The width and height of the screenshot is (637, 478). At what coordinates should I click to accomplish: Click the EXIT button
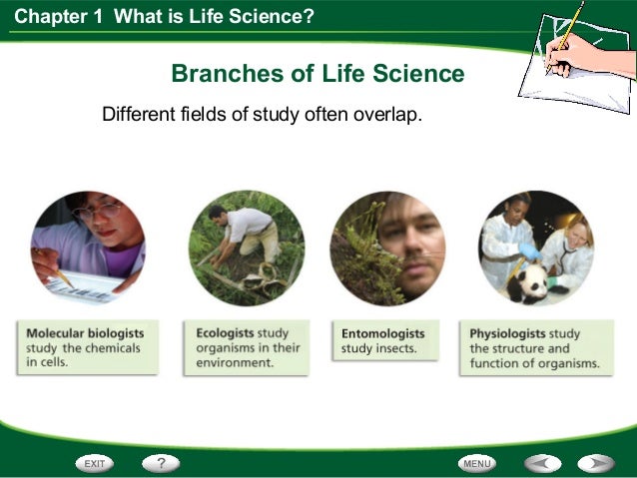(x=94, y=463)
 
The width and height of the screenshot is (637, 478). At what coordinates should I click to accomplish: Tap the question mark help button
(x=160, y=463)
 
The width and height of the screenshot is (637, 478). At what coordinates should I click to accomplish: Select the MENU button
(x=478, y=463)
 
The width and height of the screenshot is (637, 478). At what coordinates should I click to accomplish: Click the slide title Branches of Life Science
(x=318, y=74)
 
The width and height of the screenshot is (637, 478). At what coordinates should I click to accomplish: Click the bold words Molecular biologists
(x=85, y=333)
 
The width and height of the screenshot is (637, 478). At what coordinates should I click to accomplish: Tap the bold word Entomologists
(x=383, y=333)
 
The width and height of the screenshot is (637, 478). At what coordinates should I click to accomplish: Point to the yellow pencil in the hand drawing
(x=568, y=35)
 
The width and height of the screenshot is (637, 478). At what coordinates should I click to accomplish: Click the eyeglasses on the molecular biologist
(x=97, y=212)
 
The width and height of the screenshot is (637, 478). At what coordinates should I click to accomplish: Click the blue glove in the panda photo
(x=528, y=252)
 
